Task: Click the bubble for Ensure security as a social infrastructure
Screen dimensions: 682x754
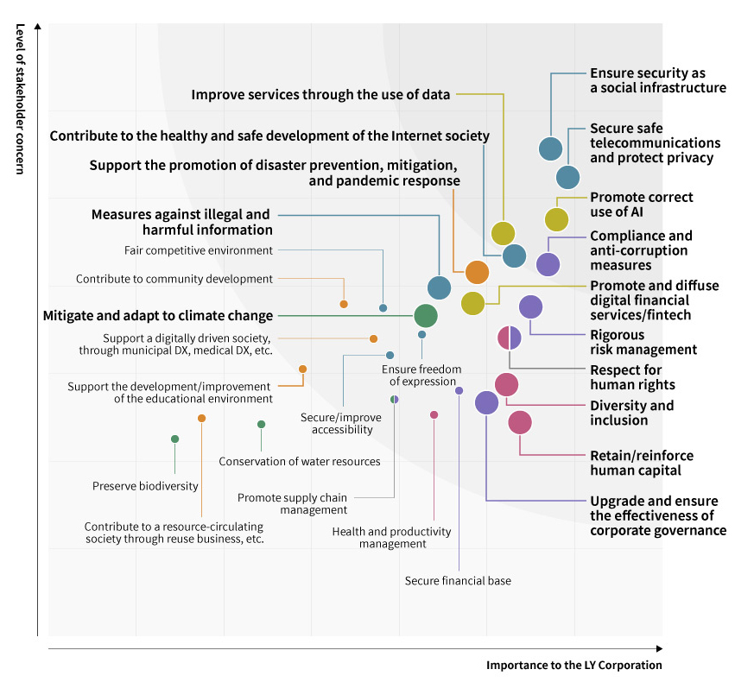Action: tap(550, 148)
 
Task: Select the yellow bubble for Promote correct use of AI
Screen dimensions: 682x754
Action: tap(556, 219)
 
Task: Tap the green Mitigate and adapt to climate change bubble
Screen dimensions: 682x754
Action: tap(425, 315)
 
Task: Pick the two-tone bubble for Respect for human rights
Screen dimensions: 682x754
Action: tap(510, 338)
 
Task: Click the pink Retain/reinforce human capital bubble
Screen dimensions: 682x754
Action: tap(519, 422)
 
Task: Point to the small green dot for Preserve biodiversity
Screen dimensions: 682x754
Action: tap(174, 439)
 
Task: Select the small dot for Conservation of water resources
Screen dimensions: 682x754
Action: tap(261, 424)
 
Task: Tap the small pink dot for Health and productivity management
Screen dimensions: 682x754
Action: tap(434, 414)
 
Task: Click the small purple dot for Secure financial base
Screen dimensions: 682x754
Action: tap(459, 390)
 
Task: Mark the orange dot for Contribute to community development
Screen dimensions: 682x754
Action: tap(344, 304)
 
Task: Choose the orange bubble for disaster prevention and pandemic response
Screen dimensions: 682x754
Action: tap(477, 272)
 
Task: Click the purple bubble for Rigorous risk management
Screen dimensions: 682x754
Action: tap(530, 306)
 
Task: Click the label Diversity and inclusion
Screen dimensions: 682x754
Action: tap(631, 413)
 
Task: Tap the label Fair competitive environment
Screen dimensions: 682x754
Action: tap(199, 250)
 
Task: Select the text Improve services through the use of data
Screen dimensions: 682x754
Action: tap(320, 94)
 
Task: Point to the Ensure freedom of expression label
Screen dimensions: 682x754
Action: tap(421, 376)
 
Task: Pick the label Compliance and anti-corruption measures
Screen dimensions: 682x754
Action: tap(640, 250)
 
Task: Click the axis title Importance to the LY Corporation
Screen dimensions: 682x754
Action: tap(573, 666)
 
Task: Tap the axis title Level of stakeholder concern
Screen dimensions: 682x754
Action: tap(19, 98)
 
